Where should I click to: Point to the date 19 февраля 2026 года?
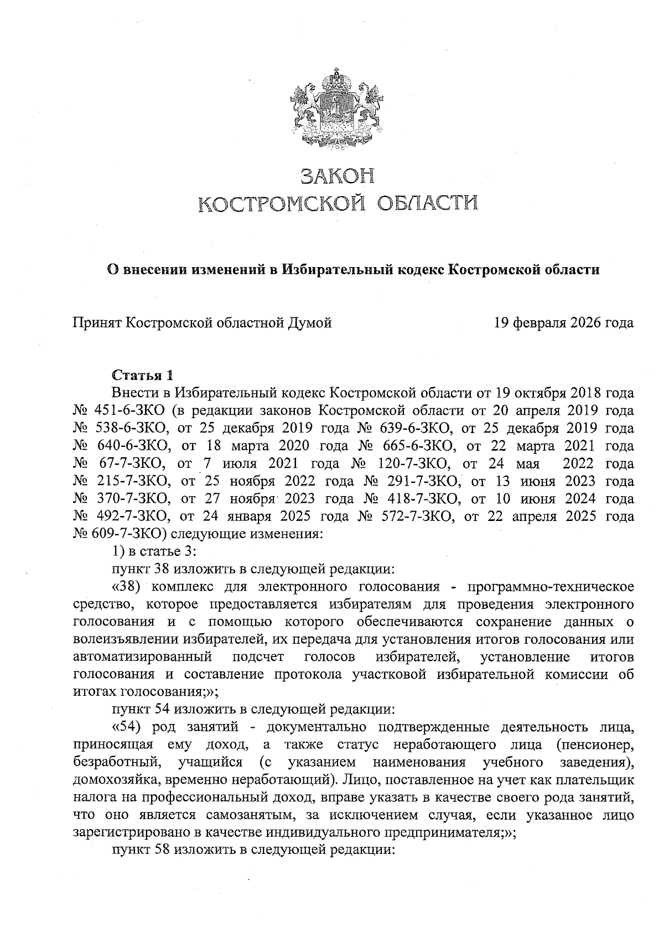click(x=564, y=322)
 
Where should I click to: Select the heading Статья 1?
click(x=143, y=375)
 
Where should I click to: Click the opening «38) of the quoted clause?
click(x=128, y=587)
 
